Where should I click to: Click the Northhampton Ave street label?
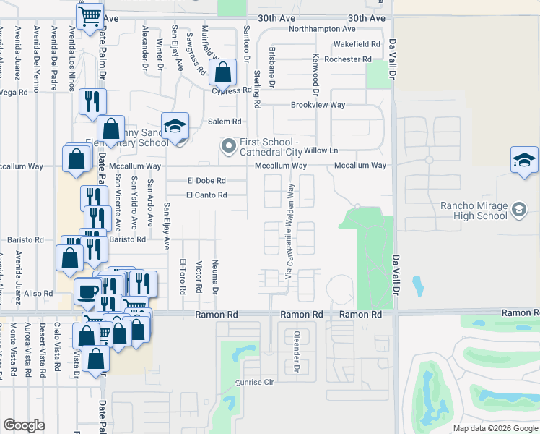pos(322,30)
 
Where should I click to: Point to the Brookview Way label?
pos(318,105)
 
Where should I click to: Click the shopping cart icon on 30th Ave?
pos(90,15)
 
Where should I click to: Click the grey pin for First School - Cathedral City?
pos(229,147)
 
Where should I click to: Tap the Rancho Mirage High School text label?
pos(474,210)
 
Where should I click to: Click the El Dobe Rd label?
pos(206,181)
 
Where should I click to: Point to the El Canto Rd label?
pos(206,195)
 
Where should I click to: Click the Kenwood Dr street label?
pos(315,75)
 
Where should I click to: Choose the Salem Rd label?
pos(225,122)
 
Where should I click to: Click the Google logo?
pos(24,425)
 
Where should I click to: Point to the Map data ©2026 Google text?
pos(495,428)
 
